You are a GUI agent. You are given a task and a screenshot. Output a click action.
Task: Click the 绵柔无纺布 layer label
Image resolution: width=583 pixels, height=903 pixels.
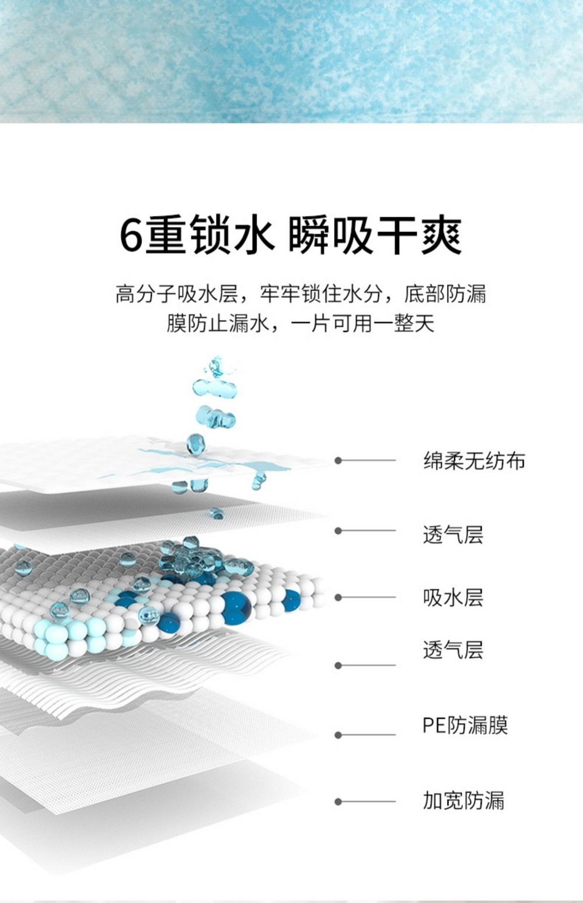click(474, 461)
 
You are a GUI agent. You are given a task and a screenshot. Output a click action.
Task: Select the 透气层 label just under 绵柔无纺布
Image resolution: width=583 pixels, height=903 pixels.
click(453, 534)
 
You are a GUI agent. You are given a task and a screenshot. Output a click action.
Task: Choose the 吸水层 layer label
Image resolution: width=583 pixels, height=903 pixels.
click(453, 598)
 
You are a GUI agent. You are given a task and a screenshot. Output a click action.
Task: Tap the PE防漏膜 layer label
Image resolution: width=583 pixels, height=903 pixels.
click(465, 725)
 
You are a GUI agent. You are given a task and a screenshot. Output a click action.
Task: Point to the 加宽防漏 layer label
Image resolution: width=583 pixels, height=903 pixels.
click(463, 800)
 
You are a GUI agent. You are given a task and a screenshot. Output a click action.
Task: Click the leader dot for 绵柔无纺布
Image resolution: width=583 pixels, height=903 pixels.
click(338, 461)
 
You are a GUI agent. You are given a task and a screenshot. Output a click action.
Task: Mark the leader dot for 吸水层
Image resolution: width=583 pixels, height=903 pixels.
click(338, 598)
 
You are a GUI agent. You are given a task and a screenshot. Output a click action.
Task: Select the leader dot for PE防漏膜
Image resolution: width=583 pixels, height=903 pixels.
click(338, 735)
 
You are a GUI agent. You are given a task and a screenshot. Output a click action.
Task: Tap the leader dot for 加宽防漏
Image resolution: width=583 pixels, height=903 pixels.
click(338, 802)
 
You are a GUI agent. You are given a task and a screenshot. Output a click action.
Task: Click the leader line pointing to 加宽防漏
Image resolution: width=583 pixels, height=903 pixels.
click(368, 802)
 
